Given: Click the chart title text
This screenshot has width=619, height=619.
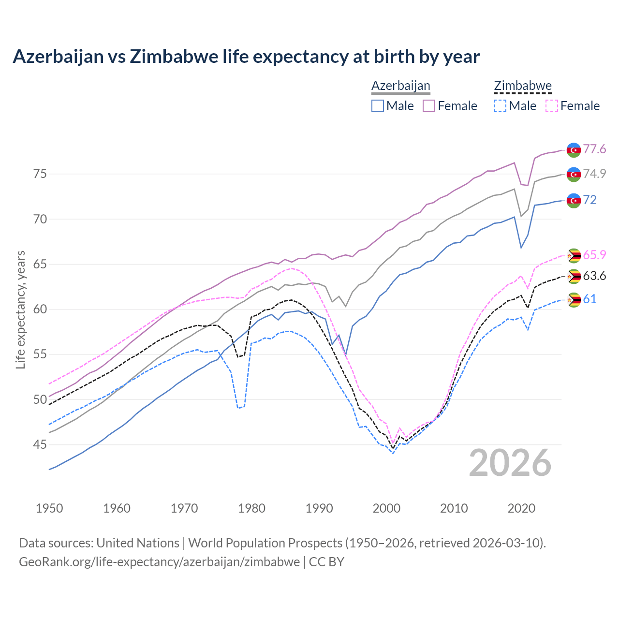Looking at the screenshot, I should [246, 57].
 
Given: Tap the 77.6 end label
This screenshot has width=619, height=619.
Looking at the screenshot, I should [594, 149].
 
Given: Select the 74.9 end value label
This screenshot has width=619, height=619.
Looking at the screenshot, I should [594, 174].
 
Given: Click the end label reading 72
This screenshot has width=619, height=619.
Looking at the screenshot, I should [590, 200].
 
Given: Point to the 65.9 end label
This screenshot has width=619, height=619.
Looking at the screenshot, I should [594, 255].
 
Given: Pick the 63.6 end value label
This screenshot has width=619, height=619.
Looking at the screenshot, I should [594, 276].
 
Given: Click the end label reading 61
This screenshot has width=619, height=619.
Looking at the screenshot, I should [590, 299].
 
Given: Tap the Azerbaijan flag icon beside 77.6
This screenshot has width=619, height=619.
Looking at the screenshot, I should [574, 150].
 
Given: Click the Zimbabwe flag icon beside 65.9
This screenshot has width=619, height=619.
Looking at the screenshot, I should [574, 255].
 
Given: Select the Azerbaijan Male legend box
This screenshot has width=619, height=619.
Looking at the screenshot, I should [378, 106].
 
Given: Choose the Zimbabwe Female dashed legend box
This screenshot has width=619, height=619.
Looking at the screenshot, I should [551, 106].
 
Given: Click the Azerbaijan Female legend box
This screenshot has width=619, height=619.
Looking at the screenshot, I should [429, 106].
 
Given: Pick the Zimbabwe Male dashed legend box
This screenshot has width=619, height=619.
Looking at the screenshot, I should [500, 106].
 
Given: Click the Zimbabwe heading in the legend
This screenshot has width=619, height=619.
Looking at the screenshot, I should [523, 86].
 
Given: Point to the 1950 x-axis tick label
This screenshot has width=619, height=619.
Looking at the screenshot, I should [49, 508].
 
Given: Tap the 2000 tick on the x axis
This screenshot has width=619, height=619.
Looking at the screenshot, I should [386, 508].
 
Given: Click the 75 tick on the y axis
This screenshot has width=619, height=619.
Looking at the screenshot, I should [40, 174].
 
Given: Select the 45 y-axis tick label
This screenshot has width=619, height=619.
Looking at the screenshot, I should [40, 444].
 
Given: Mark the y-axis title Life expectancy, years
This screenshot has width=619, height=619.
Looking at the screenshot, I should [20, 309].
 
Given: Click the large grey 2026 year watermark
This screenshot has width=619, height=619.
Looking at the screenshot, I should [510, 463].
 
